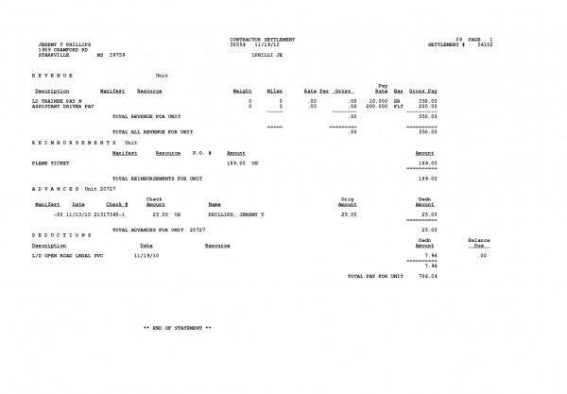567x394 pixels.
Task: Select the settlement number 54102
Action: (x=486, y=44)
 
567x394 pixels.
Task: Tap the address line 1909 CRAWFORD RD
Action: (x=56, y=49)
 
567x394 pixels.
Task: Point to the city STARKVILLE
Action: (x=50, y=55)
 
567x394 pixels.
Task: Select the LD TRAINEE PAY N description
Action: (x=58, y=99)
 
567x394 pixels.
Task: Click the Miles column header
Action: (x=275, y=90)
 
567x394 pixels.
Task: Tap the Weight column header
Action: (x=242, y=90)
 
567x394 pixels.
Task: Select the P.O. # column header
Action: (x=203, y=152)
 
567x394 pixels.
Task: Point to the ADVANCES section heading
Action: (x=57, y=189)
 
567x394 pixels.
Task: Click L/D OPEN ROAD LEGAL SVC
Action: (x=69, y=255)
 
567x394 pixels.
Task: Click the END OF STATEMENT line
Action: (x=177, y=328)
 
